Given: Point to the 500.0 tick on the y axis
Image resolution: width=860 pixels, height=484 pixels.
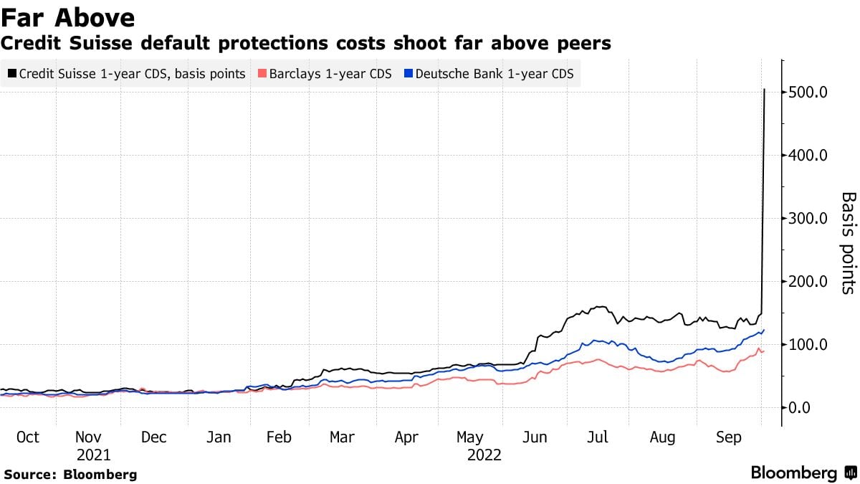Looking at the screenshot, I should (x=810, y=92).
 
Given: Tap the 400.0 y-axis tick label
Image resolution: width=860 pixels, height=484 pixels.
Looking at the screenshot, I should (x=810, y=155).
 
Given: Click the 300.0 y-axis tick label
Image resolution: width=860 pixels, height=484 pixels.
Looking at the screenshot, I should (x=810, y=218).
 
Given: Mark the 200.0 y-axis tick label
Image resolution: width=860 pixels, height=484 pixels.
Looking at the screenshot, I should (x=810, y=281).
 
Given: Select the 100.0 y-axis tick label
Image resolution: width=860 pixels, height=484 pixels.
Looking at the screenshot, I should (x=810, y=344).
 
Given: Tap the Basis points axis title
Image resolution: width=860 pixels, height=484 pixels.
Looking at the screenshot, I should (x=848, y=242).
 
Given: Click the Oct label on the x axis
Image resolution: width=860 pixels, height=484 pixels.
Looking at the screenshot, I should (x=28, y=437).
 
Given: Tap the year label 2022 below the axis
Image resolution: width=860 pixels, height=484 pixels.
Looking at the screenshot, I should (x=484, y=455).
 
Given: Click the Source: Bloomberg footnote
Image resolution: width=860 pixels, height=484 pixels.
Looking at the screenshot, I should (x=70, y=474).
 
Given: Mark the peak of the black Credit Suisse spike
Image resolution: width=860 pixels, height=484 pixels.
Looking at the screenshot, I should (x=765, y=90).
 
